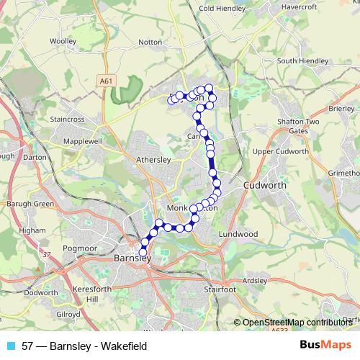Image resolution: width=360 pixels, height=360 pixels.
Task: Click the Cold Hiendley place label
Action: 222,9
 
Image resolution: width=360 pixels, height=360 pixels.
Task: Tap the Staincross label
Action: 68,117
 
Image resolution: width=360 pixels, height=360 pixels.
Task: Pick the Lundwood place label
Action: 238,234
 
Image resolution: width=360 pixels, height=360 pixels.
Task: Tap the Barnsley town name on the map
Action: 132,257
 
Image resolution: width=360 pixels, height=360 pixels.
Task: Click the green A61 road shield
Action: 107,82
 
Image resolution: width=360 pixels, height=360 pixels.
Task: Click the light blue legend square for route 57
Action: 10,346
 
